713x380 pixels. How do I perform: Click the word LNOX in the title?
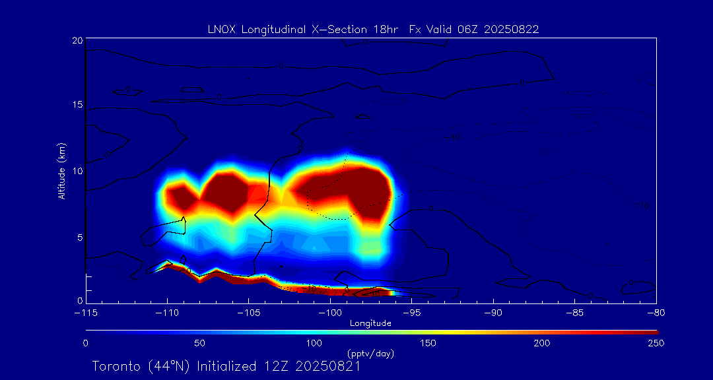(x=221, y=29)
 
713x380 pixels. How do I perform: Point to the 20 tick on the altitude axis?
(x=77, y=41)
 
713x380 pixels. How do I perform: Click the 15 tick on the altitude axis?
(x=77, y=105)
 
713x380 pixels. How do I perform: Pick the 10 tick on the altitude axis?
(x=77, y=171)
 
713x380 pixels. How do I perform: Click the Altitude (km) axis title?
(x=61, y=171)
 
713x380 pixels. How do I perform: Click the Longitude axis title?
(x=371, y=323)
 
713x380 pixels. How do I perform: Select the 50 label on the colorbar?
(x=199, y=343)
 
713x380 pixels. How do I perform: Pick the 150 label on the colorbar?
(x=428, y=343)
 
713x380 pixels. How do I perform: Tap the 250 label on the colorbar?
(x=656, y=343)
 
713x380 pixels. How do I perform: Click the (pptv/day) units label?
(x=370, y=354)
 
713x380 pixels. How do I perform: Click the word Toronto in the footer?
(x=116, y=366)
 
